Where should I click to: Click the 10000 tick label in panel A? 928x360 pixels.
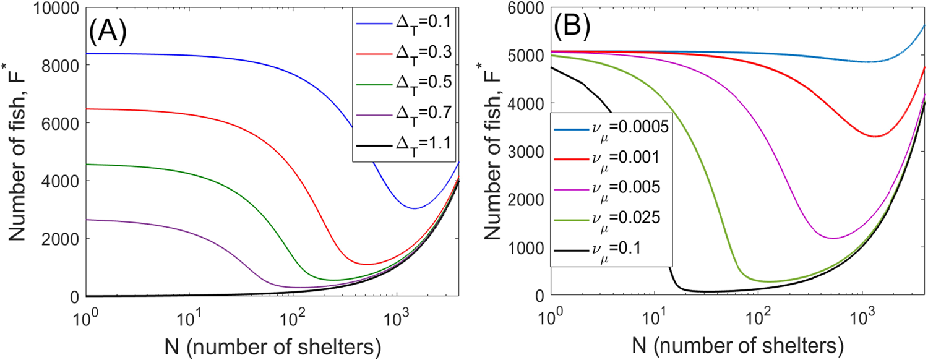click(51, 8)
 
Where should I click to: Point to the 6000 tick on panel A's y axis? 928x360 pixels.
click(58, 124)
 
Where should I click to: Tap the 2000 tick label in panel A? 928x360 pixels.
click(58, 239)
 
